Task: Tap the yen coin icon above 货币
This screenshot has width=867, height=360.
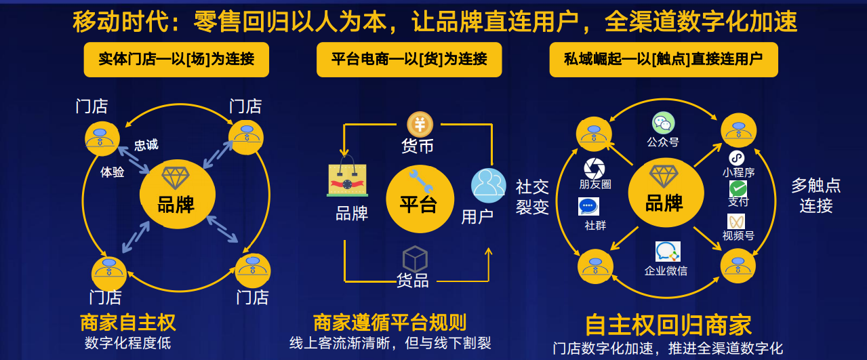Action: [420, 125]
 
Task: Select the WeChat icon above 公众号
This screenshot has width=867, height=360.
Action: [663, 123]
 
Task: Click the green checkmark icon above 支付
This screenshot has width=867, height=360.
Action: [738, 188]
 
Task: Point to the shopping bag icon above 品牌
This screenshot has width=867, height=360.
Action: [348, 177]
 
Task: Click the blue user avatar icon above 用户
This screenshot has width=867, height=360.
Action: [488, 185]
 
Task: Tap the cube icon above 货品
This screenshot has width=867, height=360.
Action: [415, 259]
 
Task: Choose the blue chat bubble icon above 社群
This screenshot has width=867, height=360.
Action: [588, 206]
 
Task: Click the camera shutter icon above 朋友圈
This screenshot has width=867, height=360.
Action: [594, 167]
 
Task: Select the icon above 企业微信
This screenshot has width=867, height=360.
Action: [667, 252]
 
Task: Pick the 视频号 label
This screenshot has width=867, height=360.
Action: [738, 236]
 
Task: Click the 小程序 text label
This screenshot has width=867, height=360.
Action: [738, 173]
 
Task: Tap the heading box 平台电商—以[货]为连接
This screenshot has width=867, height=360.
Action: [409, 59]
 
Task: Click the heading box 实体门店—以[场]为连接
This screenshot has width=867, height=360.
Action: [176, 59]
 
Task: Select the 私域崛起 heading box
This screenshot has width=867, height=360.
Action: [663, 59]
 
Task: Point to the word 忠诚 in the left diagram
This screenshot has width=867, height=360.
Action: [146, 145]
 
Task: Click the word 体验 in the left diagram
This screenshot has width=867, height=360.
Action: [113, 172]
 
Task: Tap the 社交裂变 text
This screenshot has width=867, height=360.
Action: [532, 197]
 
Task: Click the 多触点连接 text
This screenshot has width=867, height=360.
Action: [815, 195]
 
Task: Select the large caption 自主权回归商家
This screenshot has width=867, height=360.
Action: [668, 325]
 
